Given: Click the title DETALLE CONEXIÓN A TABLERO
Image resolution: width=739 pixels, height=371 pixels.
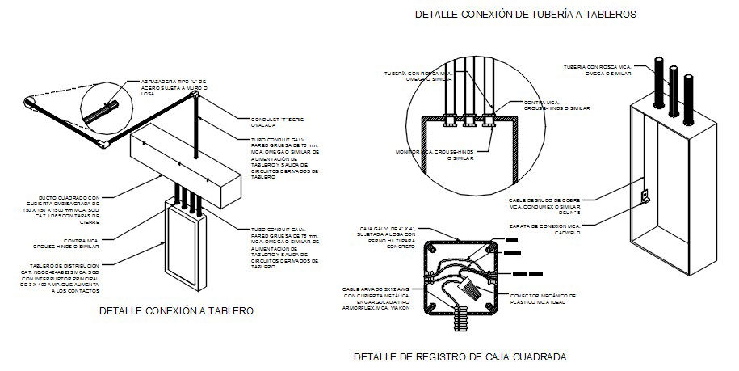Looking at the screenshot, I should tap(176, 310).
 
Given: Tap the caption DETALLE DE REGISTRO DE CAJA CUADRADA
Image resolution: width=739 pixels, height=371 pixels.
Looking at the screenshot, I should tap(460, 356).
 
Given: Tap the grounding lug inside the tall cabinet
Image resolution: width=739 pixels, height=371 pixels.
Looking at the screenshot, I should tap(644, 196).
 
